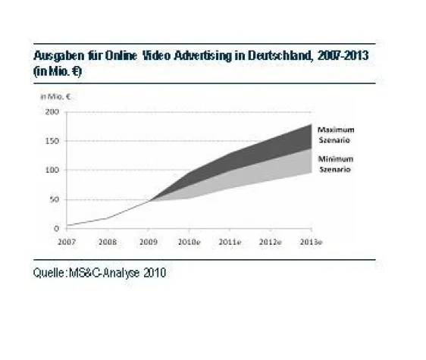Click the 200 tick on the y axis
click(52, 112)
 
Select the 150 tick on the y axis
click(52, 141)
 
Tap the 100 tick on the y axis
click(52, 170)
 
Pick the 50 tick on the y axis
click(55, 199)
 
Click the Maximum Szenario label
click(335, 135)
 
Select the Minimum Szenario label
click(335, 164)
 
